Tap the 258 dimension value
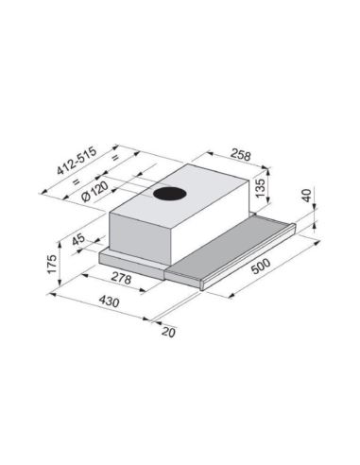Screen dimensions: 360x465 (241, 155)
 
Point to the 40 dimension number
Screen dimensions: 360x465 (306, 196)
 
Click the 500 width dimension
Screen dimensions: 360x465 (261, 267)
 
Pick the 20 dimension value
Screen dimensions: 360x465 (168, 332)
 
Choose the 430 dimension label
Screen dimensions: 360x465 (110, 301)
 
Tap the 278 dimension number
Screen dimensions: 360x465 (121, 278)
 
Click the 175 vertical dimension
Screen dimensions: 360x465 (51, 264)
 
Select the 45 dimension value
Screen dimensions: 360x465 (78, 239)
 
